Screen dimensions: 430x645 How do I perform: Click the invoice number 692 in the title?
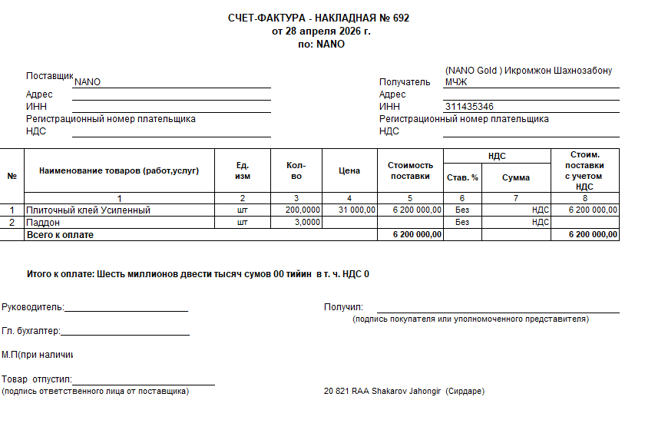point(401,18)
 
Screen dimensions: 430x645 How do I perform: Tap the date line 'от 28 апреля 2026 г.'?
point(321,31)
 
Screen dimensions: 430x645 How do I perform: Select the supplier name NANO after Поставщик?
point(88,82)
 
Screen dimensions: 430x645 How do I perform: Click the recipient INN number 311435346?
point(468,107)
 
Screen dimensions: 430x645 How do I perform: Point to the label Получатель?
point(405,82)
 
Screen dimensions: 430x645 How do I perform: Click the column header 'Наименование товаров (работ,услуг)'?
point(119,170)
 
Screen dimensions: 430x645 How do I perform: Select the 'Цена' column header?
point(349,170)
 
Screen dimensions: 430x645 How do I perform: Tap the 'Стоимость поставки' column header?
point(410,170)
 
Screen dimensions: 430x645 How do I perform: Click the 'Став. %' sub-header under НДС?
point(462,177)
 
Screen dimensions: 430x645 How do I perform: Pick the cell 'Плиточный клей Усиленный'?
point(88,210)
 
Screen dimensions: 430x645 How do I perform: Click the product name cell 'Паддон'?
point(44,222)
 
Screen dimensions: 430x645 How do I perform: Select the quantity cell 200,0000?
point(303,210)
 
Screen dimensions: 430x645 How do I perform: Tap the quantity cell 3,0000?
point(307,222)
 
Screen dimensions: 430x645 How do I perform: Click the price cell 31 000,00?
point(356,210)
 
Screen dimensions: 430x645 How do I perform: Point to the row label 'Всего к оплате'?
point(60,234)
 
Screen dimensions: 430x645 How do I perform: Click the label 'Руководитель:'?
point(33,307)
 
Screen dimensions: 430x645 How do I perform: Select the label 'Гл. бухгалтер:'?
point(31,331)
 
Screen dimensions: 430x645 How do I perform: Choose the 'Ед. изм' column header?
point(243,170)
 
